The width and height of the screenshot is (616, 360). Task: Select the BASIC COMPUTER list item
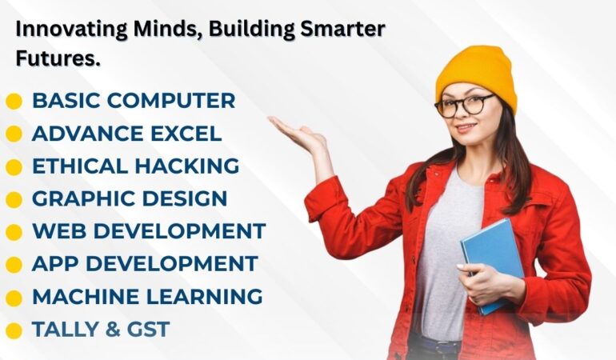[x=134, y=101]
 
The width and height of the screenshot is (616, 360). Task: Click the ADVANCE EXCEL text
[x=126, y=134]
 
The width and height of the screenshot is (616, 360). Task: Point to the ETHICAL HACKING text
[x=135, y=166]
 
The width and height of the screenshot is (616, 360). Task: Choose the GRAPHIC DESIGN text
[x=130, y=199]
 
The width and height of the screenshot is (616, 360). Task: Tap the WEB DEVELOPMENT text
[x=149, y=231]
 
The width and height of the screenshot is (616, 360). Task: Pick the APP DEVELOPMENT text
[x=145, y=264]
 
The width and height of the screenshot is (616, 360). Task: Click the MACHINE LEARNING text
[x=147, y=297]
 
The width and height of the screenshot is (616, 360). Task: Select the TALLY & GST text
[x=101, y=329]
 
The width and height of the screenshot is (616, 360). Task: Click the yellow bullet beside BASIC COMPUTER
[x=14, y=102]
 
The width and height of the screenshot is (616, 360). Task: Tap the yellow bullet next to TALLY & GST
[x=14, y=330]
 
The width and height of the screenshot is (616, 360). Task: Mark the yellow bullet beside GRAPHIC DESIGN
[x=14, y=200]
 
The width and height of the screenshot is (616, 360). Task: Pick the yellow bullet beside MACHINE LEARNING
[x=14, y=298]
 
